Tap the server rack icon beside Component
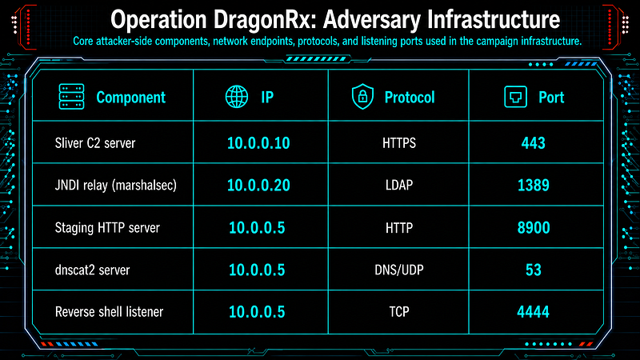pyautogui.click(x=71, y=97)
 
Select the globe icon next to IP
pyautogui.click(x=237, y=97)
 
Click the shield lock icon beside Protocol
pyautogui.click(x=362, y=97)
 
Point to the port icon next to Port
pyautogui.click(x=515, y=97)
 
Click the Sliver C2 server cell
pyautogui.click(x=95, y=143)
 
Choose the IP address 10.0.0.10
pyautogui.click(x=258, y=143)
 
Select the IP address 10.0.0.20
pyautogui.click(x=258, y=186)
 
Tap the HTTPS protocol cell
pyautogui.click(x=399, y=143)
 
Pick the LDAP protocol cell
pyautogui.click(x=399, y=186)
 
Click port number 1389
pyautogui.click(x=534, y=186)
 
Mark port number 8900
pyautogui.click(x=534, y=228)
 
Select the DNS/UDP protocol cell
pyautogui.click(x=399, y=270)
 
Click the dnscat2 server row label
pyautogui.click(x=92, y=270)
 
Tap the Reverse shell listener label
pyautogui.click(x=109, y=312)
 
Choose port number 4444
pyautogui.click(x=533, y=312)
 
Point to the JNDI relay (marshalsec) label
pyautogui.click(x=116, y=186)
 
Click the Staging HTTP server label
pyautogui.click(x=107, y=228)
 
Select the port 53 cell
pyautogui.click(x=534, y=270)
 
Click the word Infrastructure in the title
pyautogui.click(x=490, y=19)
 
